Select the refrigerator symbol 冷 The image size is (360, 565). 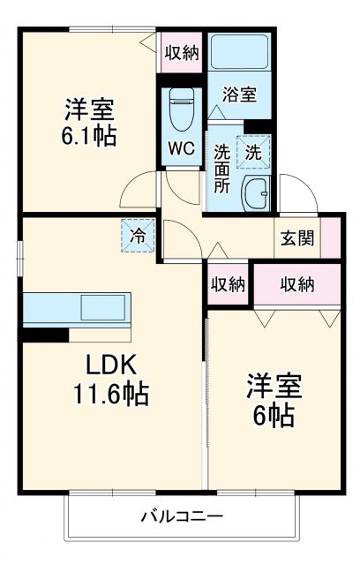[138, 236]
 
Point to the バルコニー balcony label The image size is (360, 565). [181, 516]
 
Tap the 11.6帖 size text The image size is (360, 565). [109, 393]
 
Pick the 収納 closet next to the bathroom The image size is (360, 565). [181, 51]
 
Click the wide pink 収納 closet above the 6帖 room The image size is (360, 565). [297, 283]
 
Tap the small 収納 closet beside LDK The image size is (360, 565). [228, 284]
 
